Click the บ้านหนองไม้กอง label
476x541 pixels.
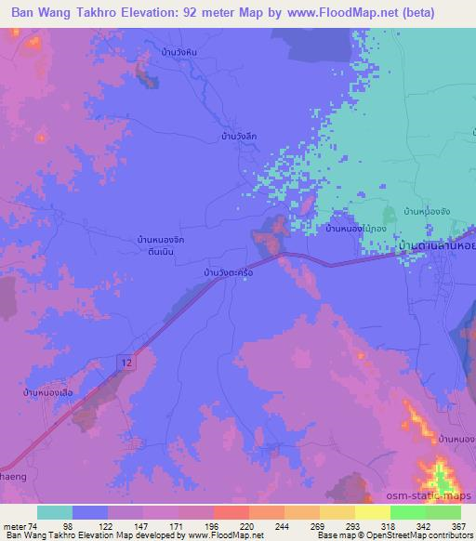[355, 228]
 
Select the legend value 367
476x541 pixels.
[456, 526]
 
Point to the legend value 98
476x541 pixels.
[66, 526]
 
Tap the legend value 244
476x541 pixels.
[277, 526]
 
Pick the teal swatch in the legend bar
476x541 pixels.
[55, 512]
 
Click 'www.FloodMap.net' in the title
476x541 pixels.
[349, 13]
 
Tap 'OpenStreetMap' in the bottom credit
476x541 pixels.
[416, 535]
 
